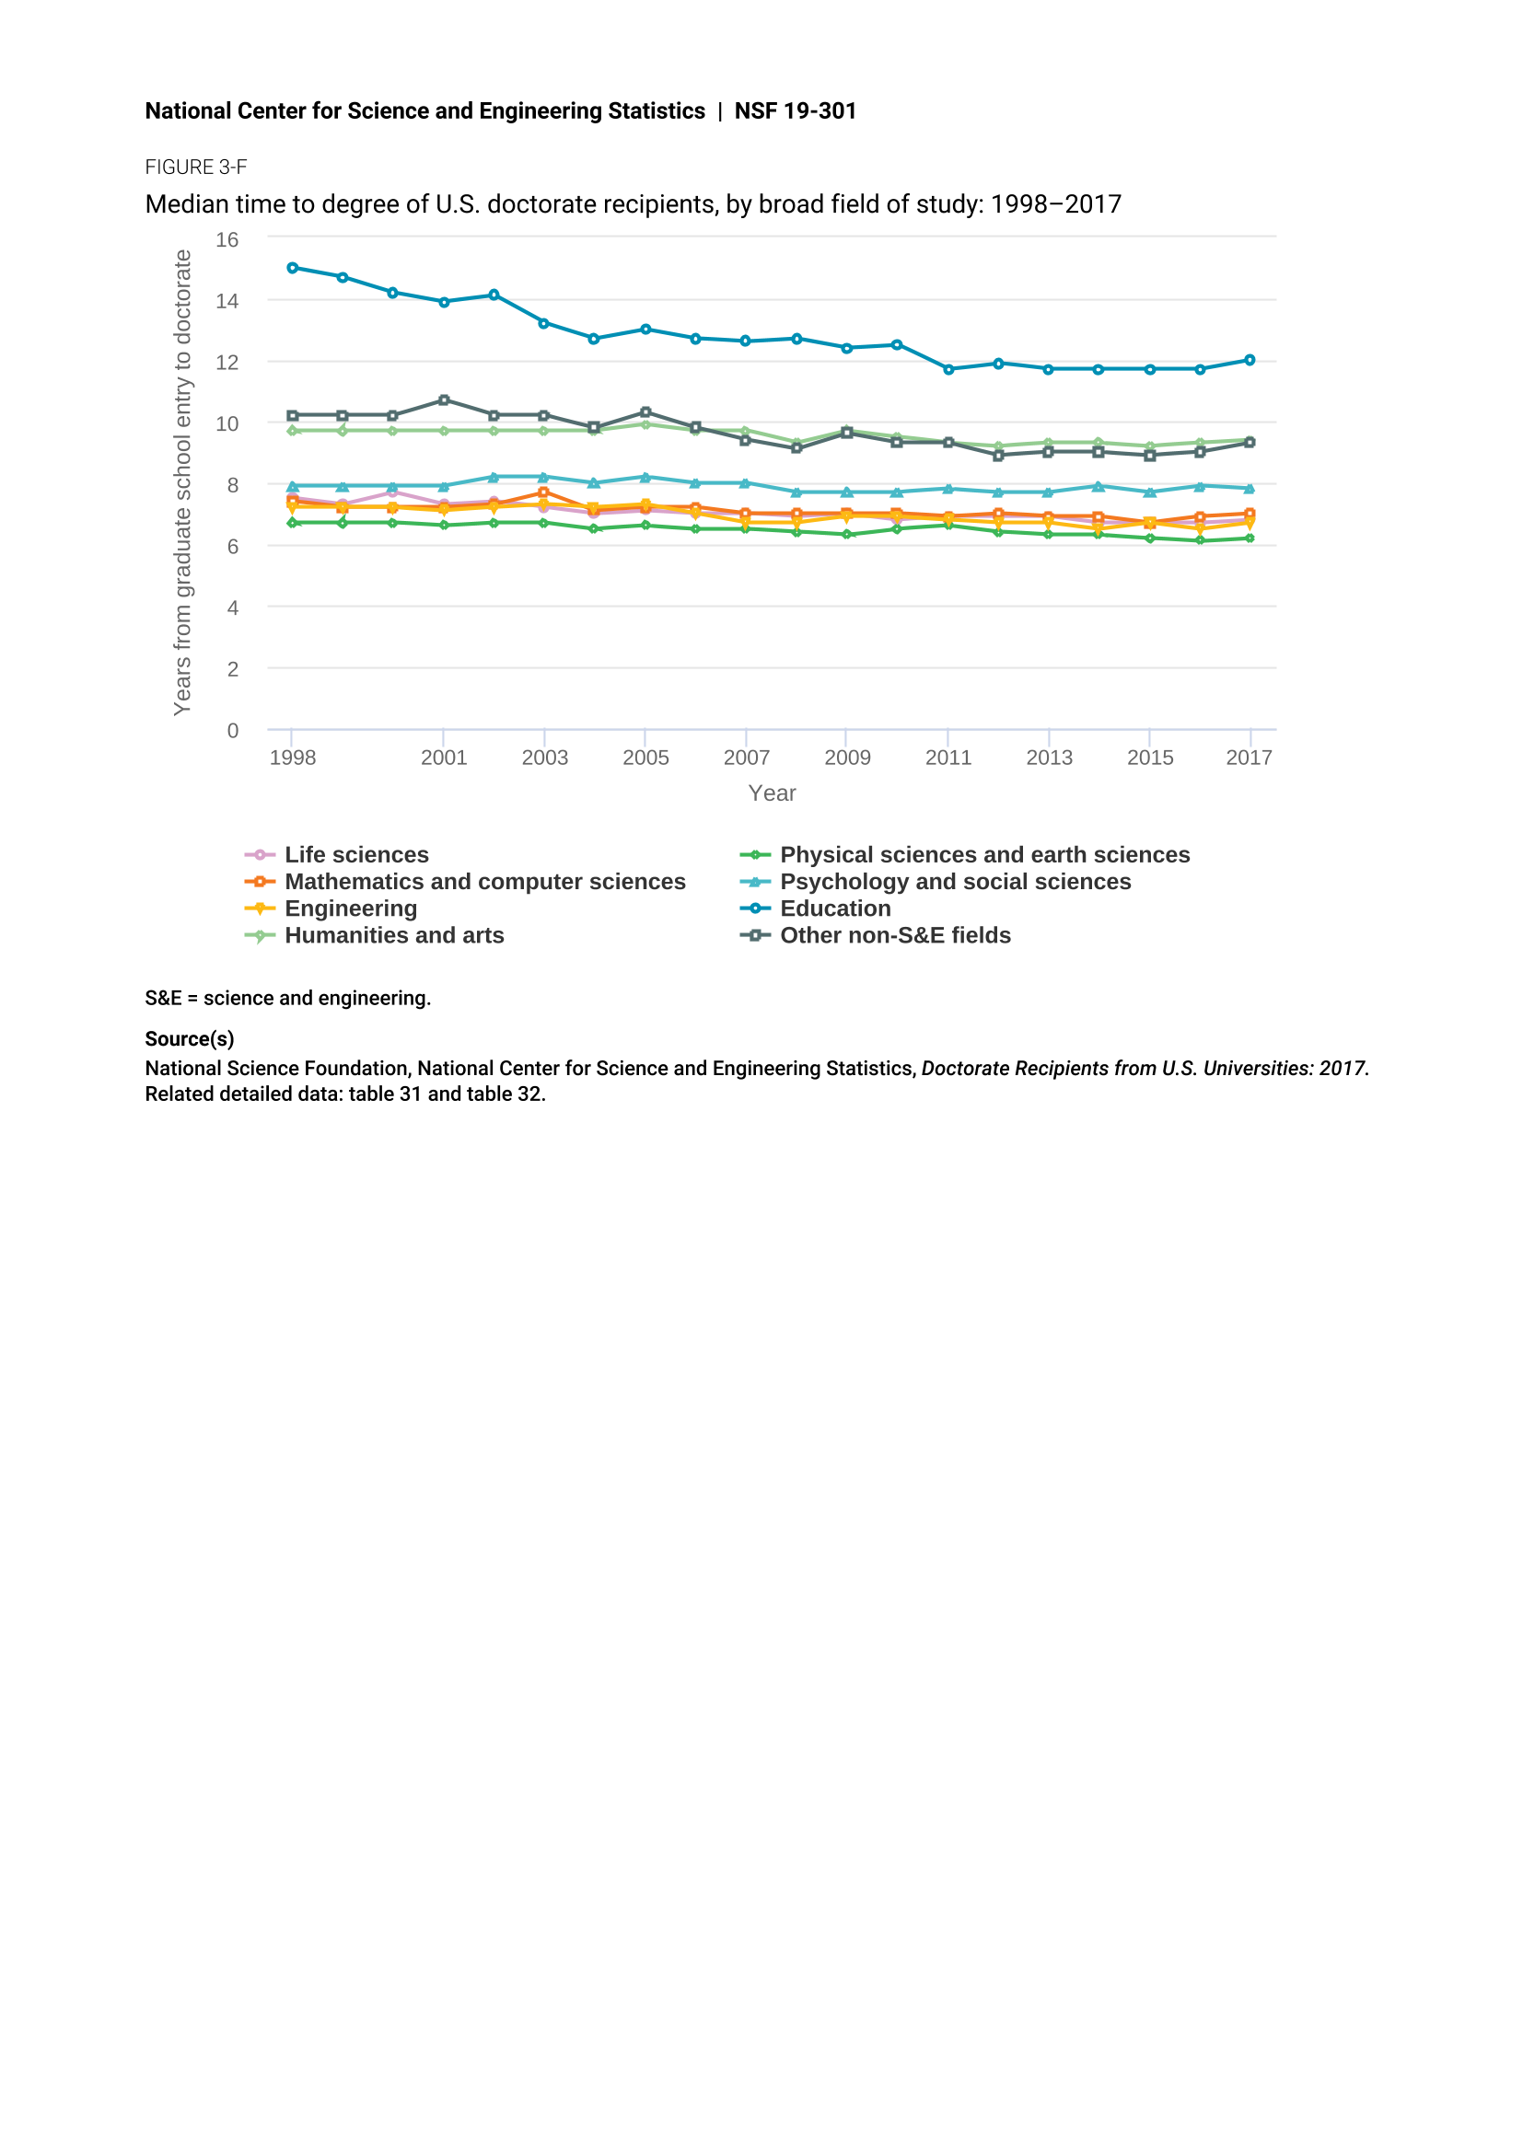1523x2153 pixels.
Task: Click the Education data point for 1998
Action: point(293,268)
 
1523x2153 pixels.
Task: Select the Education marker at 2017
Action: point(1250,360)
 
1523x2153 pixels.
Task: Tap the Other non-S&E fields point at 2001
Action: point(444,400)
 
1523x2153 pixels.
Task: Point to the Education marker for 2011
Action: point(948,369)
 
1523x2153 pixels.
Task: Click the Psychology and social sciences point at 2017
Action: point(1250,489)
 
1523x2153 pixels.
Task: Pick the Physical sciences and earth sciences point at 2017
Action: point(1250,538)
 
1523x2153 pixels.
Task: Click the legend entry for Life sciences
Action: point(337,855)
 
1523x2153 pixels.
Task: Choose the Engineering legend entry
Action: point(331,909)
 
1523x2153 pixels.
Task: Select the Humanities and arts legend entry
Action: point(374,936)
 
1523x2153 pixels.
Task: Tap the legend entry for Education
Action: point(815,909)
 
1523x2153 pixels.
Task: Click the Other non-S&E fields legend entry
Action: point(875,936)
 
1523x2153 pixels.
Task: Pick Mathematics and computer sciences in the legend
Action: point(465,883)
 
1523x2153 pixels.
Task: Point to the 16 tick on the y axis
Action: point(227,240)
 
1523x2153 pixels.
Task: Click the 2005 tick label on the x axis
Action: point(645,758)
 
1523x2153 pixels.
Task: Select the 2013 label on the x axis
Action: point(1049,758)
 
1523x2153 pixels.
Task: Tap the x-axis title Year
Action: point(772,793)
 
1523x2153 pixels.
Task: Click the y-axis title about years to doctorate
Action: point(182,483)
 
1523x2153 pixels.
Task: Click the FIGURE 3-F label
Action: point(196,167)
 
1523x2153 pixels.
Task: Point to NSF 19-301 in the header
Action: point(796,110)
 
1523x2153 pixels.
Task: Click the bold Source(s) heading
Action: point(190,1039)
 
